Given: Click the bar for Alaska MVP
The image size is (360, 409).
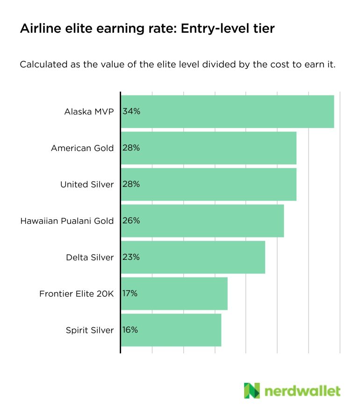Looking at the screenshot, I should (x=228, y=111).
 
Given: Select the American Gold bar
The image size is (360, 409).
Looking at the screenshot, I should (x=209, y=148).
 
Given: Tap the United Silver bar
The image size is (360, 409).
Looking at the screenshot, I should (x=209, y=184).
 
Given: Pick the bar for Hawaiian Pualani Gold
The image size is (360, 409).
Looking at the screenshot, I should (x=202, y=221).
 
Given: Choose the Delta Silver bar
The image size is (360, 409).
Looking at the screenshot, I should (x=193, y=257).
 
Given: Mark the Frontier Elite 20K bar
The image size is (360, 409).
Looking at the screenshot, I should (x=174, y=294).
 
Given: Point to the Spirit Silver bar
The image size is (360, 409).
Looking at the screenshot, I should (x=171, y=330).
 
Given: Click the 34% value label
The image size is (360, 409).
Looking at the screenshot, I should (x=131, y=111).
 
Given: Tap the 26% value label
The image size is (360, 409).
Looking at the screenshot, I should (x=131, y=221).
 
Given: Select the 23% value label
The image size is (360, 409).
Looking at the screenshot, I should (x=131, y=257).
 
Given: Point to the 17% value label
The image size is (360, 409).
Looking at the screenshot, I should (x=130, y=294).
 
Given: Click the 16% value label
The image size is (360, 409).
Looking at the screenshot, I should (x=130, y=330).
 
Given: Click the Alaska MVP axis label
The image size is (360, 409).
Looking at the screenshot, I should (x=89, y=111).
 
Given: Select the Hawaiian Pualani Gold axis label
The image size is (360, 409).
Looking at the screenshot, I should (x=67, y=221).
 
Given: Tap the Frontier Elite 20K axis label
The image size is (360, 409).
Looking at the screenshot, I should (x=76, y=294).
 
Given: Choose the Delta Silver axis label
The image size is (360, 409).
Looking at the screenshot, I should (x=90, y=257).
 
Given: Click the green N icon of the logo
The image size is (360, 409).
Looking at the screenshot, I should (x=252, y=390).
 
